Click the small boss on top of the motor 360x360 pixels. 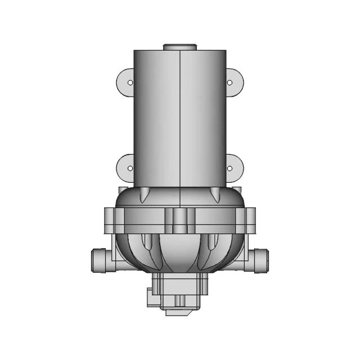coord(180,47)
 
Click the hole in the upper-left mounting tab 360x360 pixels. coord(130,83)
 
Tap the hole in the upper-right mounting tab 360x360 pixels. coord(229,83)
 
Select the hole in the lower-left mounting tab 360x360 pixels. coord(130,168)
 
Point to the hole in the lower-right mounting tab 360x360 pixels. coord(229,168)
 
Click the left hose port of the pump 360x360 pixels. coord(99,260)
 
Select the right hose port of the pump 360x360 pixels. coord(260,260)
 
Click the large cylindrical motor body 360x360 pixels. coord(180,118)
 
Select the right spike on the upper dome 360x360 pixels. coord(215,196)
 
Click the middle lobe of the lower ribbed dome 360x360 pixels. coord(180,253)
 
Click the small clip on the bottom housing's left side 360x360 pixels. coord(149,296)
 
